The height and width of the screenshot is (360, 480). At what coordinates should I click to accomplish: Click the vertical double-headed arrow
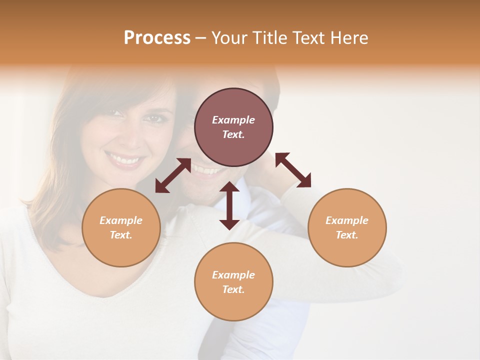[x=229, y=205]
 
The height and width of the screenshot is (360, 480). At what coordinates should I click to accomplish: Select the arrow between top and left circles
[x=173, y=175]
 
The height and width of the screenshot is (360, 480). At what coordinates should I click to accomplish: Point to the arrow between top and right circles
[x=293, y=170]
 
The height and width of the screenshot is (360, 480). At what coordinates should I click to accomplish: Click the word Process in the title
[x=157, y=38]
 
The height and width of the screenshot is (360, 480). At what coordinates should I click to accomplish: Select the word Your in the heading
[x=229, y=38]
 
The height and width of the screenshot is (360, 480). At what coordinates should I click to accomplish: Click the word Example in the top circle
[x=233, y=120]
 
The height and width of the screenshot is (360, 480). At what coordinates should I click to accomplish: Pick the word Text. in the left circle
[x=121, y=235]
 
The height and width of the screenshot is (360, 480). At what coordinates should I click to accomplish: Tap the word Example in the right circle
[x=347, y=220]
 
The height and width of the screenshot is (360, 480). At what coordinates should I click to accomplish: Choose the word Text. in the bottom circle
[x=233, y=289]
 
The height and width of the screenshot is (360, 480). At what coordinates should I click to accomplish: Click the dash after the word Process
[x=201, y=38]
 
